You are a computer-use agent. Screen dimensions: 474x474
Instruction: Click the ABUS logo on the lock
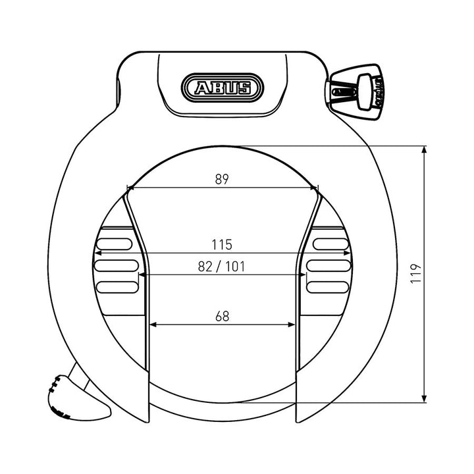click(223, 88)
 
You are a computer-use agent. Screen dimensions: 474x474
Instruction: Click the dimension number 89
click(222, 179)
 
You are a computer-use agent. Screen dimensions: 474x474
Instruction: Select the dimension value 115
click(222, 244)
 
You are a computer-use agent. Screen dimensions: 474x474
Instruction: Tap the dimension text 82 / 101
click(221, 267)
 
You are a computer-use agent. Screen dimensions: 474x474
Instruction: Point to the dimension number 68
click(223, 316)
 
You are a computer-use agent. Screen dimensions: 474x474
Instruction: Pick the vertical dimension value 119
click(416, 273)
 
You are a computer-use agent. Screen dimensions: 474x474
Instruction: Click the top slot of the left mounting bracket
click(115, 244)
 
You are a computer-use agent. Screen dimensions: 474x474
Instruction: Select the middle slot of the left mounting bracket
click(117, 265)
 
